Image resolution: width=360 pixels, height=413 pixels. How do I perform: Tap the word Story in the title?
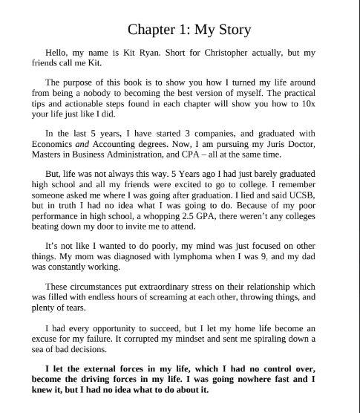pyautogui.click(x=250, y=30)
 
